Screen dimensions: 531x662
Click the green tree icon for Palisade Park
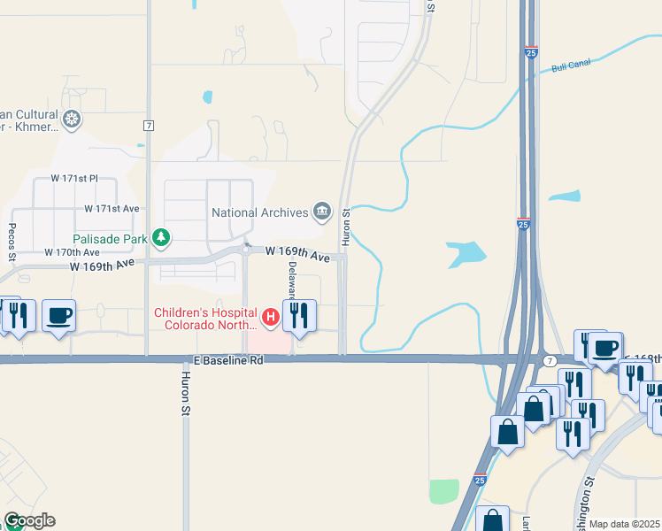(161, 237)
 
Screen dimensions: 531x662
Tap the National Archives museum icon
(321, 212)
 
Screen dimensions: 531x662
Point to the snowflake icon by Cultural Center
(72, 118)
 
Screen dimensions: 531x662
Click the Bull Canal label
(569, 66)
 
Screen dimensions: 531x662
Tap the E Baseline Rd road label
(229, 361)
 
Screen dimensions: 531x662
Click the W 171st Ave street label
(112, 209)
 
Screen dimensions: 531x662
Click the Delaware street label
(291, 281)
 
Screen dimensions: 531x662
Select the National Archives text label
(259, 212)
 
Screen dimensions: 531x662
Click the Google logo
(29, 520)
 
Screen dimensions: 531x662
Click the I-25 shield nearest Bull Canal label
(530, 53)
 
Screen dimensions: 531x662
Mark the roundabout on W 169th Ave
(247, 249)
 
